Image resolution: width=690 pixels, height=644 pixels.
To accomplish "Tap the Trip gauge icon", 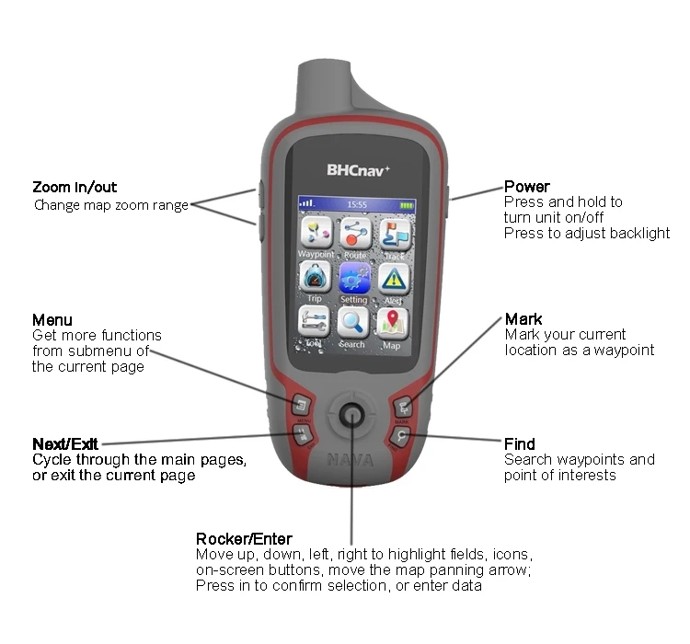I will [315, 277].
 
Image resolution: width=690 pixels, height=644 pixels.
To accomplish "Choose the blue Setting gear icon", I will [354, 278].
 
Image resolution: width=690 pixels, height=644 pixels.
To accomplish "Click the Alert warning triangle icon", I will [394, 278].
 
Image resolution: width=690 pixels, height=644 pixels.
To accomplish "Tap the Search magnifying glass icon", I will [353, 322].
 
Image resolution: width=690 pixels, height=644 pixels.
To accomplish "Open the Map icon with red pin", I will [393, 322].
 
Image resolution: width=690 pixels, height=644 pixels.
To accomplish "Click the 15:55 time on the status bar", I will [356, 204].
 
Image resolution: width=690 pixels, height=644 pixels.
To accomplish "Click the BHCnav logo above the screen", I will [358, 170].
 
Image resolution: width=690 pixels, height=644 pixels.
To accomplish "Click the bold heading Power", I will [527, 187].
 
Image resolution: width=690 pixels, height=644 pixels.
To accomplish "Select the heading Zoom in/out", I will [75, 188].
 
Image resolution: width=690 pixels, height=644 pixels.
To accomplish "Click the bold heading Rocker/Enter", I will [244, 539].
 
